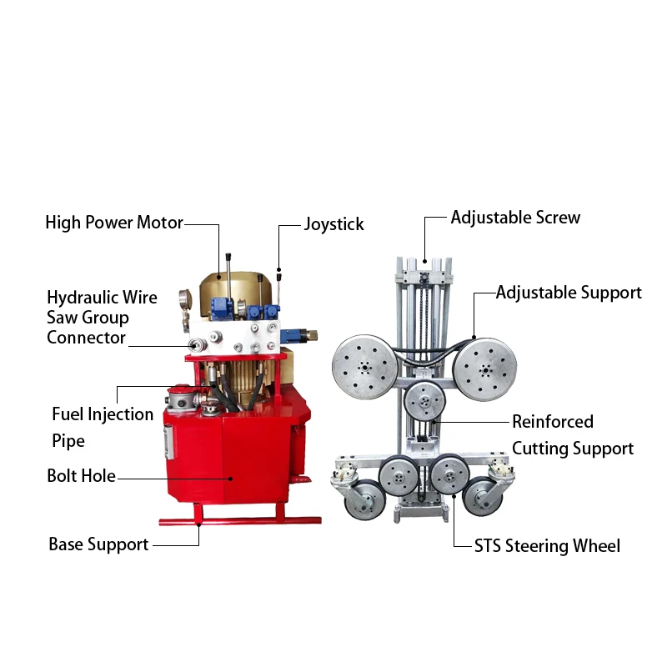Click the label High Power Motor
pyautogui.click(x=113, y=223)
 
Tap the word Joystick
pyautogui.click(x=333, y=224)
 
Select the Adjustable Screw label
pyautogui.click(x=515, y=218)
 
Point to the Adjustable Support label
pyautogui.click(x=569, y=293)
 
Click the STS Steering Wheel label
pyautogui.click(x=547, y=546)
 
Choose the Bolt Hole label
pyautogui.click(x=81, y=477)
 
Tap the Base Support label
pyautogui.click(x=98, y=544)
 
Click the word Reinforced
pyautogui.click(x=553, y=422)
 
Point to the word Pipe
pyautogui.click(x=68, y=440)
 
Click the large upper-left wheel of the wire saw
pyautogui.click(x=364, y=365)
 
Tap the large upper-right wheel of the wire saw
pyautogui.click(x=484, y=364)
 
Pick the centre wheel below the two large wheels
pyautogui.click(x=424, y=404)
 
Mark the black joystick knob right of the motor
pyautogui.click(x=278, y=272)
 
